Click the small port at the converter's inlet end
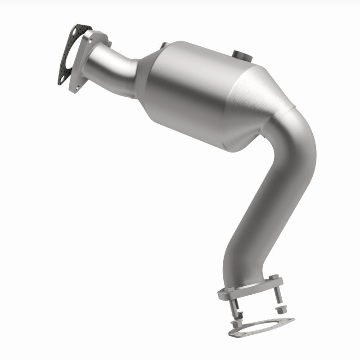pyautogui.click(x=163, y=45)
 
